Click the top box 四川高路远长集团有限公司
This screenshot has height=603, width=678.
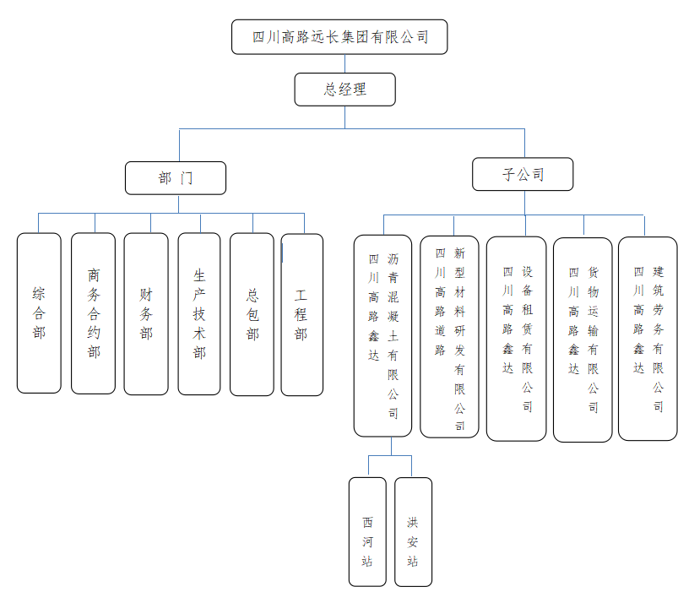[x=339, y=37]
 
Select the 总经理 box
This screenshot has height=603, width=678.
[x=344, y=90]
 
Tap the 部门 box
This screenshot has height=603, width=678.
[x=176, y=178]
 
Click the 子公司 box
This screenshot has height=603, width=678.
[x=523, y=175]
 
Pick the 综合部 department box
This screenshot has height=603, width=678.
[x=39, y=313]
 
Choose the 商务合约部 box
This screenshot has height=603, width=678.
[x=93, y=313]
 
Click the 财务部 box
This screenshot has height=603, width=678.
[x=146, y=313]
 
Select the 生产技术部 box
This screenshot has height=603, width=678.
[x=199, y=313]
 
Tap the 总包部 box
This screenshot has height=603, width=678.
[x=252, y=314]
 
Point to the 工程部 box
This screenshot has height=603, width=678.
[x=301, y=314]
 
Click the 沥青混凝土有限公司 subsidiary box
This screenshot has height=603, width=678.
[x=383, y=335]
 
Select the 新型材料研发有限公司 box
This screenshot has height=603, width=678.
[x=449, y=336]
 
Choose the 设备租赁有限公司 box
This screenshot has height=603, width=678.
[x=516, y=339]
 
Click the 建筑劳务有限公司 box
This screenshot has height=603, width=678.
[x=648, y=339]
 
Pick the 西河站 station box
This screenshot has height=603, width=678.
[x=367, y=532]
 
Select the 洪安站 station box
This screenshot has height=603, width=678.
[x=413, y=532]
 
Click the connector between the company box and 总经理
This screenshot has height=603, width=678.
[x=344, y=64]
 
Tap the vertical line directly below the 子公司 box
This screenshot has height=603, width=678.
[x=524, y=203]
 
